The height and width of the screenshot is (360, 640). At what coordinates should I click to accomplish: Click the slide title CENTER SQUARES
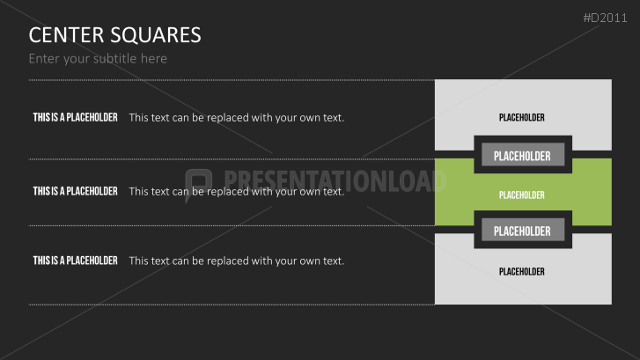click(114, 35)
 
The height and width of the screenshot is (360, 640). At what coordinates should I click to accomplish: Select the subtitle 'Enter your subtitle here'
click(98, 59)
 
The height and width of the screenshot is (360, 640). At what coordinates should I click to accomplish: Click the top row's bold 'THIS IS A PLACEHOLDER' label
click(75, 117)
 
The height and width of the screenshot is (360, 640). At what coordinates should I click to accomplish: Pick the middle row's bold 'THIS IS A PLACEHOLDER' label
click(75, 191)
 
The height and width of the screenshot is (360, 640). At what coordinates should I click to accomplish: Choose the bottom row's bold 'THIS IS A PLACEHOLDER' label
click(75, 261)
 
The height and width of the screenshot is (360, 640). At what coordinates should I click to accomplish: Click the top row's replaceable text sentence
click(236, 117)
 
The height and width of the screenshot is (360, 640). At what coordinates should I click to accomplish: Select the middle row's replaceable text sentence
click(236, 191)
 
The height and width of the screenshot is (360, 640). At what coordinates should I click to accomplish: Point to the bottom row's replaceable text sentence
click(236, 261)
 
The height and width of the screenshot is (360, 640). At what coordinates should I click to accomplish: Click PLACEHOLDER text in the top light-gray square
click(522, 117)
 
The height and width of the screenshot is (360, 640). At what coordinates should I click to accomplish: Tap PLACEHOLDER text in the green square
click(522, 195)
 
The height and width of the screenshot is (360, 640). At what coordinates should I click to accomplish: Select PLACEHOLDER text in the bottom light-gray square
click(522, 271)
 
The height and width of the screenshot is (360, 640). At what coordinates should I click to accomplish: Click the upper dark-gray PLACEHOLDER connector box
click(522, 156)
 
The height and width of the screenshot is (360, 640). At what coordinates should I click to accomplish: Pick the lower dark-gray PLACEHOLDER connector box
click(522, 231)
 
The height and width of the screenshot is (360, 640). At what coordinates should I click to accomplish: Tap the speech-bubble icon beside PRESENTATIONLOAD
click(199, 181)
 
